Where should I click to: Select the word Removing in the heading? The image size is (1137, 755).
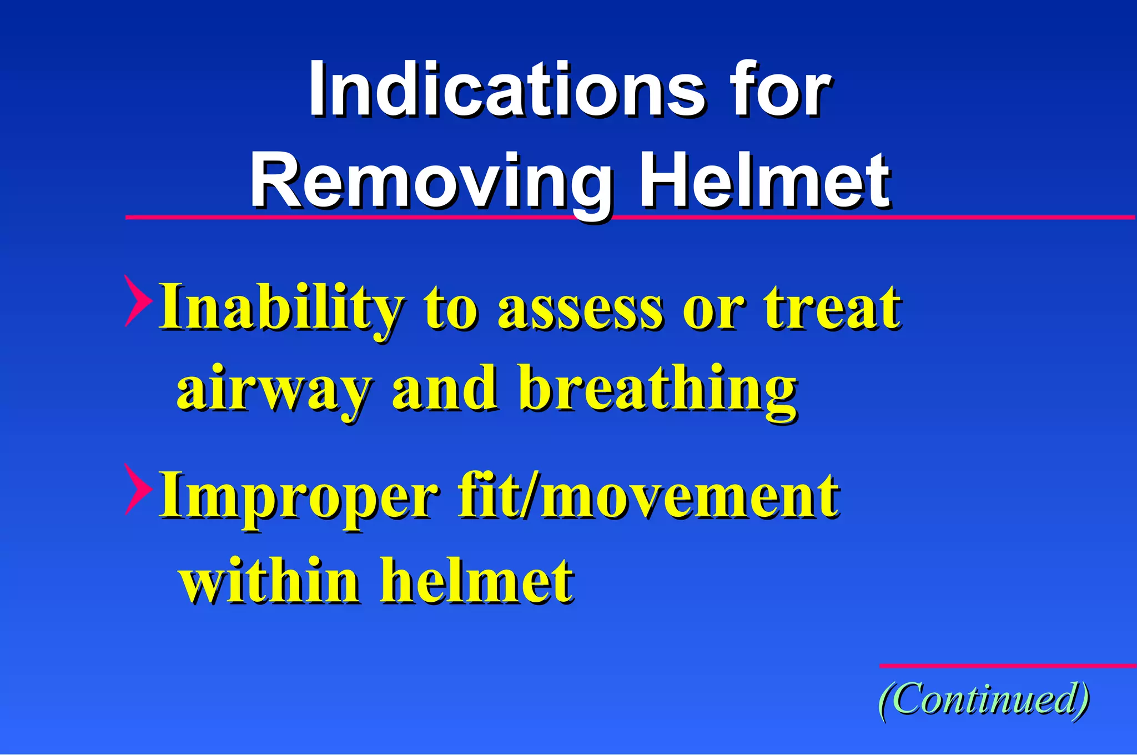(430, 182)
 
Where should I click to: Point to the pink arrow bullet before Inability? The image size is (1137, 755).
(138, 300)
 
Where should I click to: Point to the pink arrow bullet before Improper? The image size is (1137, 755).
(138, 489)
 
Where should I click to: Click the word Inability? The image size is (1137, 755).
(280, 308)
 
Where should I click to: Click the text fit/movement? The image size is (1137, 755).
(647, 495)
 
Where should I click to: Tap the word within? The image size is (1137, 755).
(269, 580)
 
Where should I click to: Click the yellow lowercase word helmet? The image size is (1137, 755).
(476, 580)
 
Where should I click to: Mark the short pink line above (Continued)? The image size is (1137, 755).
(1007, 666)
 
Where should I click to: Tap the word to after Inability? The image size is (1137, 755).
(450, 308)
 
